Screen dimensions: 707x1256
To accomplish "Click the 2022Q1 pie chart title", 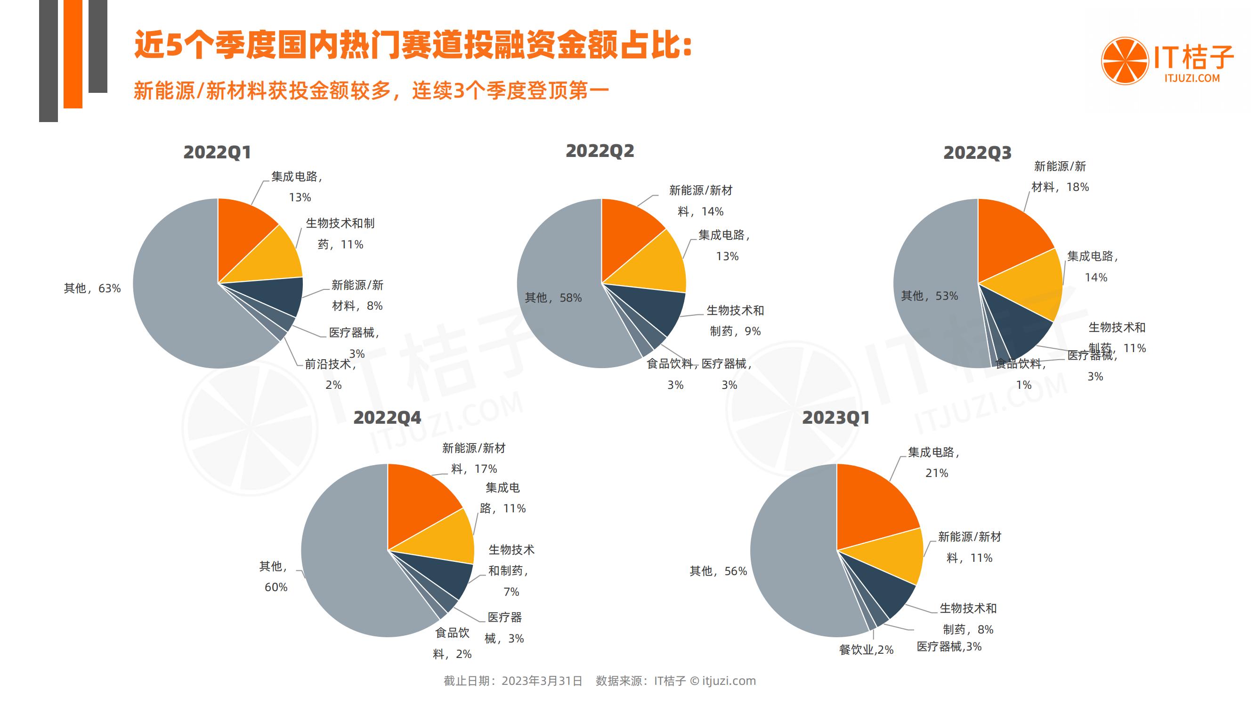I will tap(217, 152).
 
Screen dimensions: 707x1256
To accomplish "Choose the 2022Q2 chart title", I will tap(600, 151).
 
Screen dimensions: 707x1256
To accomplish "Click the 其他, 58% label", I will tap(553, 297).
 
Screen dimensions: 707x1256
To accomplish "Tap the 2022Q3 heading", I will tap(977, 153).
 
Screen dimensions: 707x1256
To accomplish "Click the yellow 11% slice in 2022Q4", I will tap(441, 537).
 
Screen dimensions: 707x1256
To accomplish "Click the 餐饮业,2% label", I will tap(866, 650).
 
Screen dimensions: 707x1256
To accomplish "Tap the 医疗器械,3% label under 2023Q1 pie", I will tap(949, 647).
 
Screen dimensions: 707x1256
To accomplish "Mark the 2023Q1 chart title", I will tap(836, 418).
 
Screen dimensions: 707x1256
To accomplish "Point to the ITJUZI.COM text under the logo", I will tap(1191, 78).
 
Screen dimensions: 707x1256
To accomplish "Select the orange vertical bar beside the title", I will tap(73, 54).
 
